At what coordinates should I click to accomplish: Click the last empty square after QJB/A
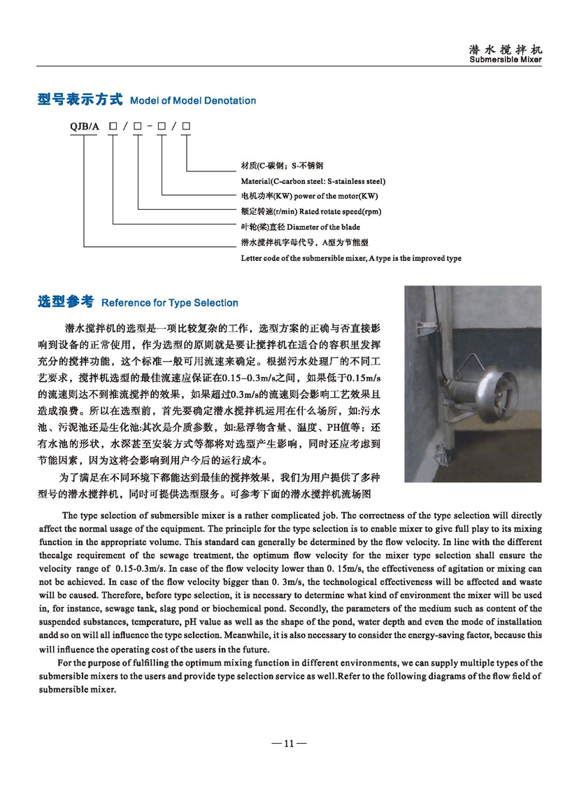click(187, 127)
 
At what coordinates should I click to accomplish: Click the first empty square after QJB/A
click(113, 127)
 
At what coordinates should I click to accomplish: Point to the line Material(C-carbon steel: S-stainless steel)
click(313, 181)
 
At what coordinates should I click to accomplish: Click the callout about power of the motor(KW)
click(303, 196)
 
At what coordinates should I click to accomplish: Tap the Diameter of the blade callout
click(301, 227)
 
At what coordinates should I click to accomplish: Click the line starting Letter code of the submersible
click(350, 258)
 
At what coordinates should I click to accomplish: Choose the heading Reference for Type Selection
click(170, 303)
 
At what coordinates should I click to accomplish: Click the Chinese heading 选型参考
click(66, 302)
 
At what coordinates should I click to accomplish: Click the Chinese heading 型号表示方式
click(80, 100)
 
